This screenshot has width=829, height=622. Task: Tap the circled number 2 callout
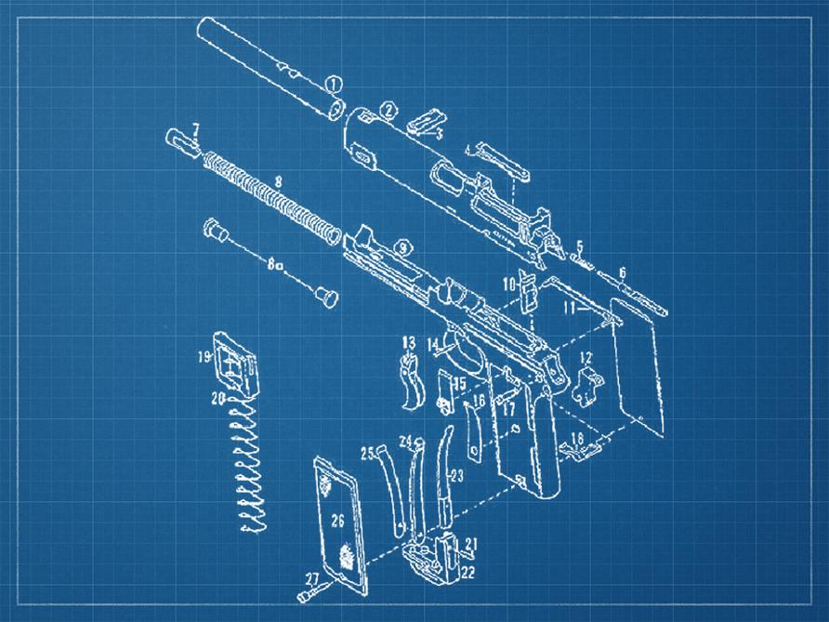(x=388, y=111)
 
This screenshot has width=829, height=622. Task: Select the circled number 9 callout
(x=401, y=247)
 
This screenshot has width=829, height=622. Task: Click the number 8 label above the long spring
(x=276, y=179)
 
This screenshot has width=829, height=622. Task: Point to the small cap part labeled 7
(x=180, y=143)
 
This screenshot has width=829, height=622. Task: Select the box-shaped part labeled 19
(x=233, y=360)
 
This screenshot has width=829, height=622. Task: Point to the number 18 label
(x=577, y=438)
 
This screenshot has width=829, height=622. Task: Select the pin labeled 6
(x=642, y=294)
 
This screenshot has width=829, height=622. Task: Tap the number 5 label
(x=579, y=246)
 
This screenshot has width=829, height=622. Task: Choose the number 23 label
(x=455, y=476)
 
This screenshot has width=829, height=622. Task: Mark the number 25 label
(x=367, y=453)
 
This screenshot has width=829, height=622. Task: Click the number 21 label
(x=471, y=543)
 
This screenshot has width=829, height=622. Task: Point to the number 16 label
(x=479, y=402)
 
